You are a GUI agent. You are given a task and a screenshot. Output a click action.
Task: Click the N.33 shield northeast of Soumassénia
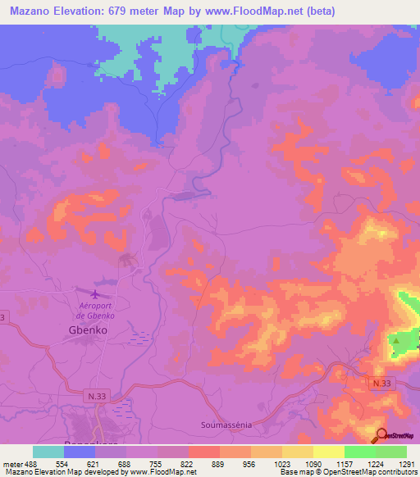pos(381,383)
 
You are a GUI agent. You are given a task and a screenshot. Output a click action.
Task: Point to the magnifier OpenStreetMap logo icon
pos(383,435)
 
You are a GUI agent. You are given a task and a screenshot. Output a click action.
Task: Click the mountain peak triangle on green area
pos(397,340)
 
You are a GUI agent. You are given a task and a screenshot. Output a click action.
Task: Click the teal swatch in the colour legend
pos(48,452)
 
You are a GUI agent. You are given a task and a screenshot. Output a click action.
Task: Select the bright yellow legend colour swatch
pos(329,452)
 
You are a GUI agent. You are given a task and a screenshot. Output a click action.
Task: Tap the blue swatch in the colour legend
pos(80,452)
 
